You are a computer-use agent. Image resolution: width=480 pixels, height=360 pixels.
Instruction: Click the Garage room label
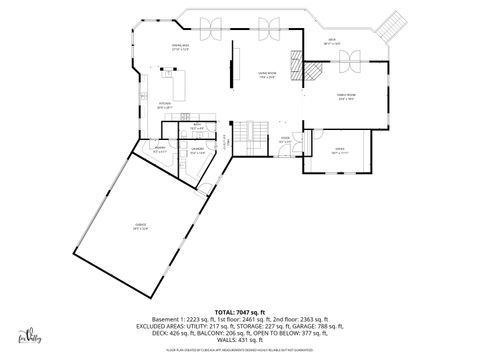[x=140, y=226]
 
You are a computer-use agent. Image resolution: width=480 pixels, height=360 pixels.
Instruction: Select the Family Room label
[x=345, y=97]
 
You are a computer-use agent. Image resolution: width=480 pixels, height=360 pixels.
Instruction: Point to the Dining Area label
[x=180, y=47]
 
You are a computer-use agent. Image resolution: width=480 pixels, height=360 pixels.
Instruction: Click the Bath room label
[x=198, y=126]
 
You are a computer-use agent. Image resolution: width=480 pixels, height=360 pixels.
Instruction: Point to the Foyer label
[x=284, y=140]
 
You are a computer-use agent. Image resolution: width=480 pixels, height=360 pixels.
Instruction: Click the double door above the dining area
[x=212, y=28]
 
